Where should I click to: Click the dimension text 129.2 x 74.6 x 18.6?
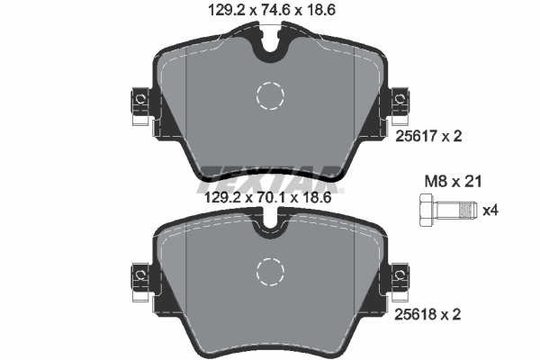(x=269, y=12)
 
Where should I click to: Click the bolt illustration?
(x=445, y=211)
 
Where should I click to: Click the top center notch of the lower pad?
(x=269, y=228)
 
